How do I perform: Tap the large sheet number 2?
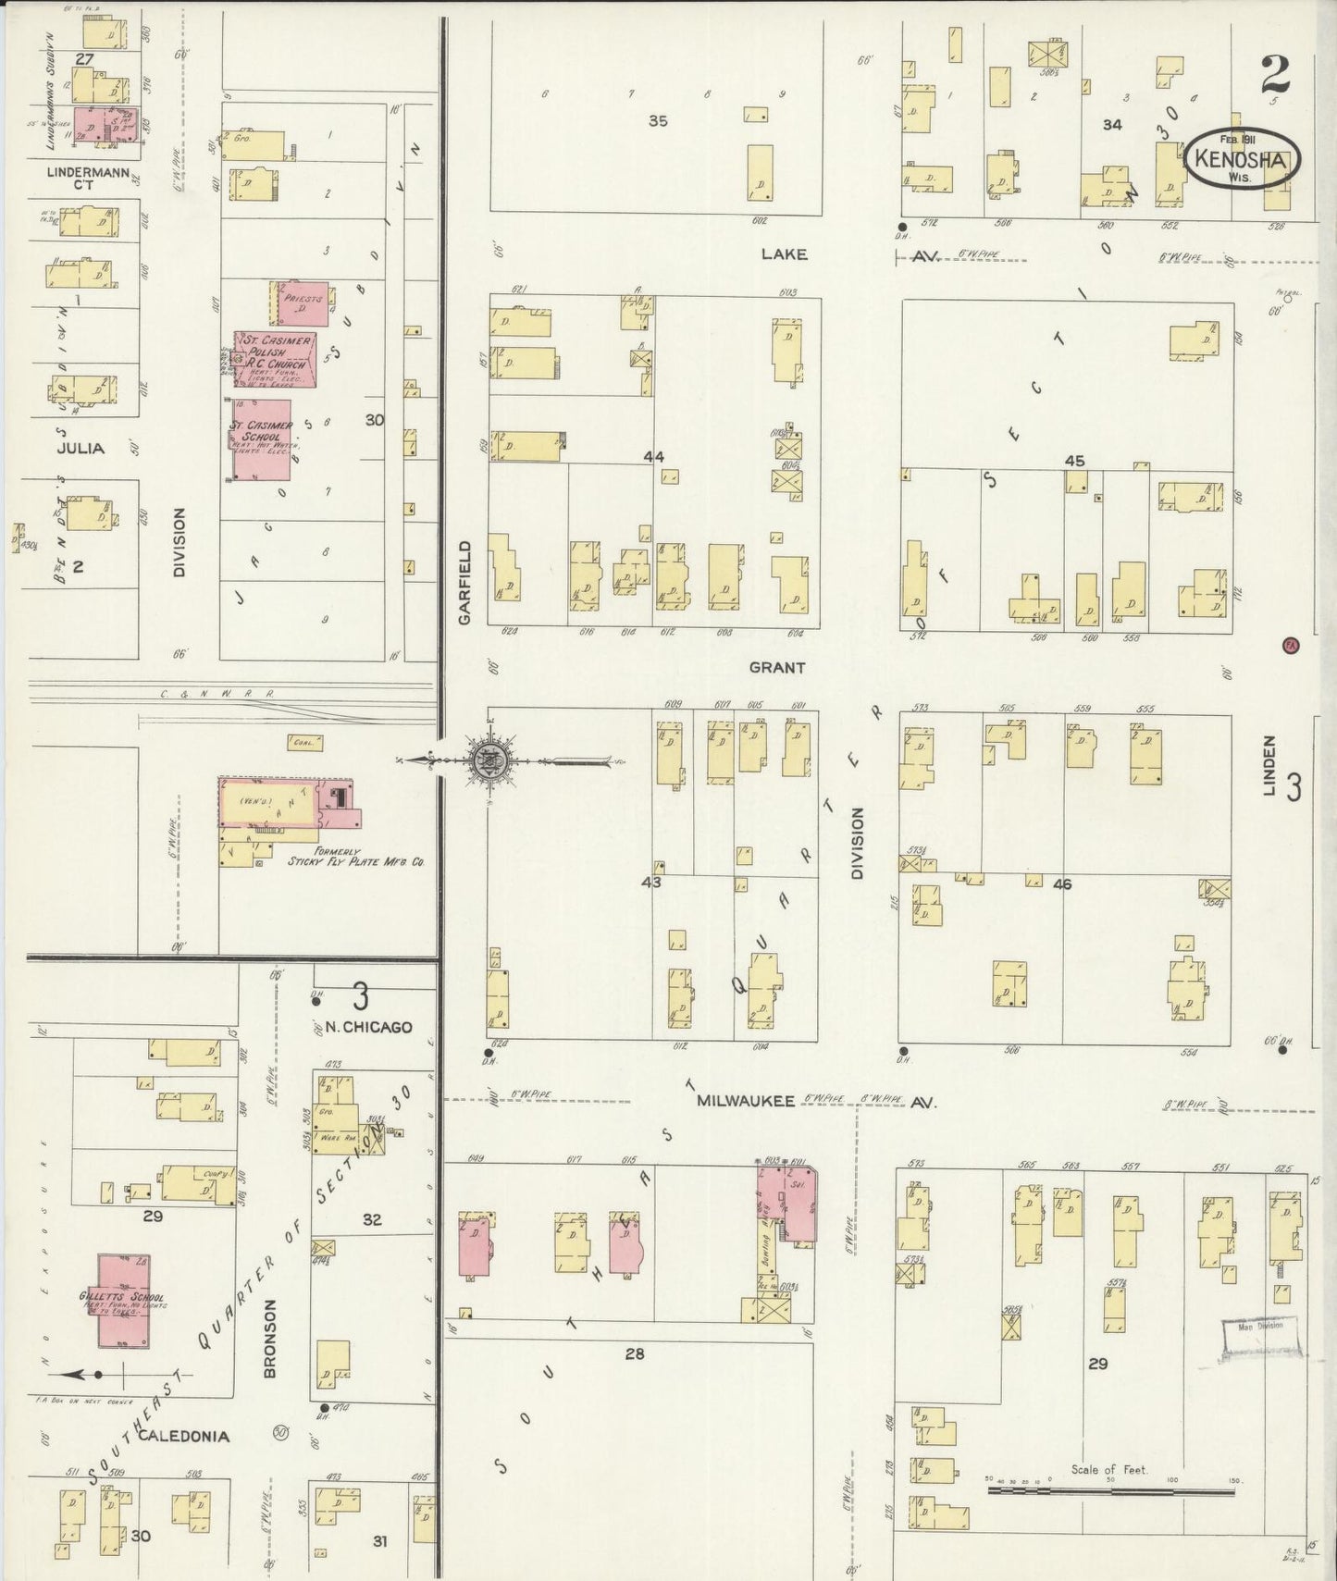coord(1275,74)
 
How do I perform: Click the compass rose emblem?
coord(486,760)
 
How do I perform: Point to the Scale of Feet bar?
coord(1109,1488)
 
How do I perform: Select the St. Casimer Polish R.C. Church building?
coord(276,359)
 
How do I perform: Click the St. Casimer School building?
coord(262,439)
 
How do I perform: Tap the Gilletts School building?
coord(123,1301)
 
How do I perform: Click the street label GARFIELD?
coord(464,582)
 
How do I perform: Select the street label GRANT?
coord(777,667)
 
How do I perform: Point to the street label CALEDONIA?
coord(183,1436)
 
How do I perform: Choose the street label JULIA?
coord(80,449)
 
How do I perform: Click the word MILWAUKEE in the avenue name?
coord(746,1101)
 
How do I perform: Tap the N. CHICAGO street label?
coord(368,1027)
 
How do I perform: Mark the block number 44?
coord(654,456)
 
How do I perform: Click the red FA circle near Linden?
coord(1291,645)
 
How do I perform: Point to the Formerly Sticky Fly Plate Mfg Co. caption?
coord(355,857)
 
